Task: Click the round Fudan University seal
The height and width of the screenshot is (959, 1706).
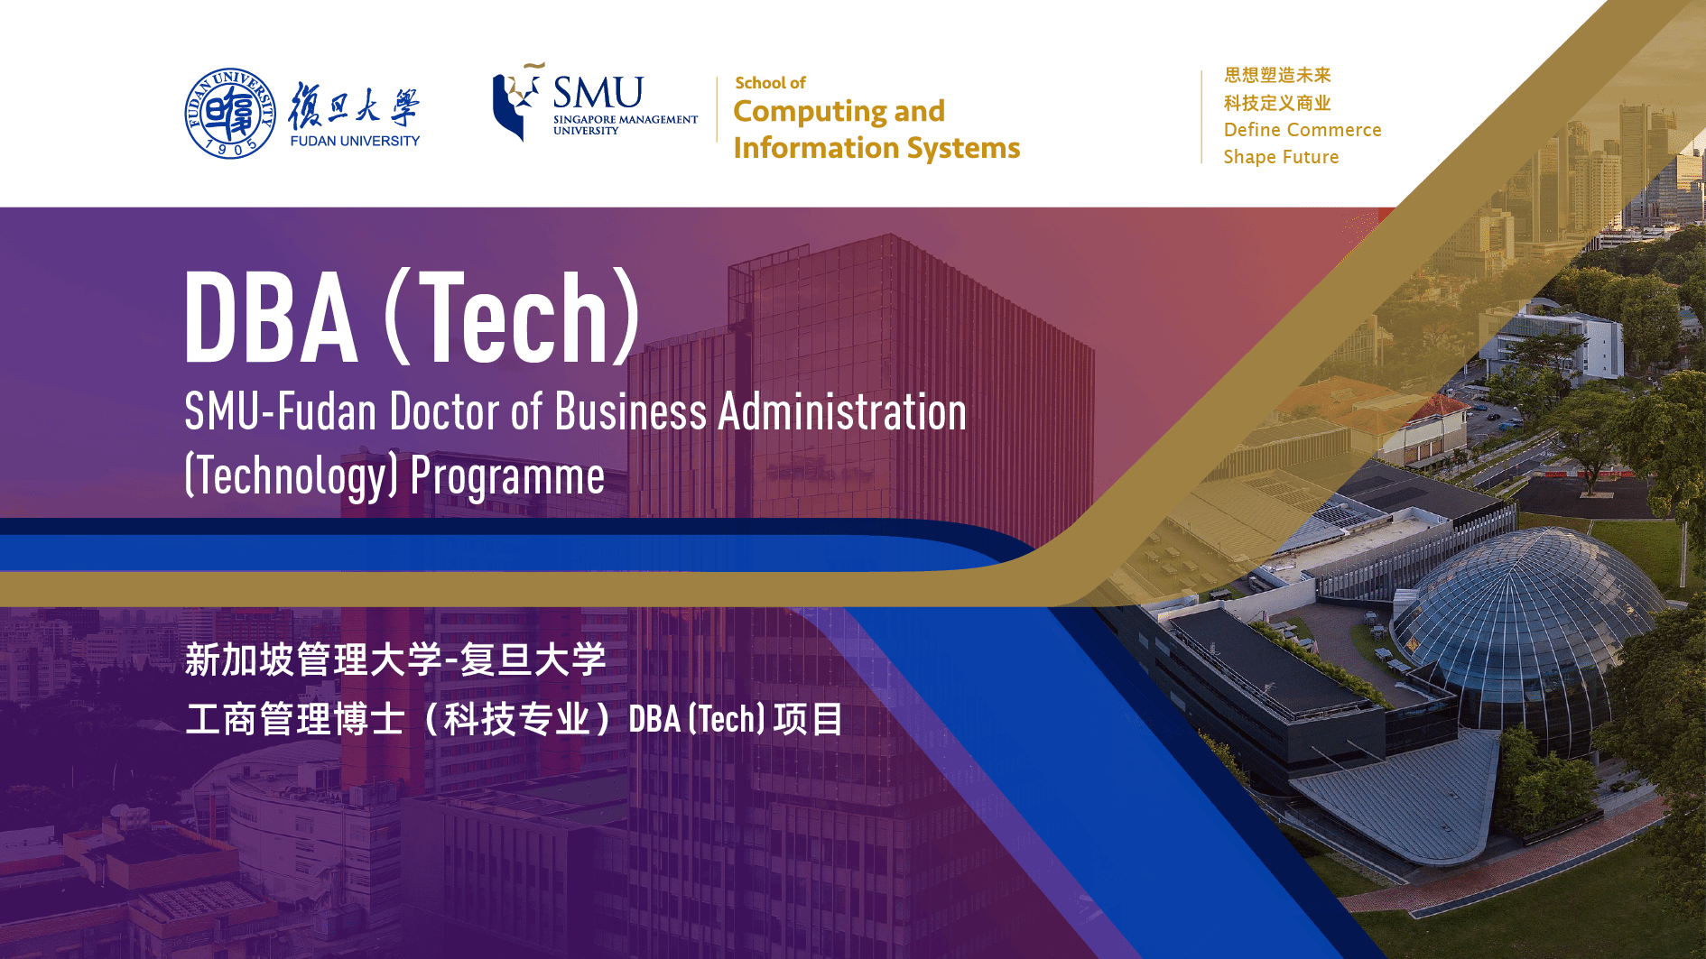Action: (230, 113)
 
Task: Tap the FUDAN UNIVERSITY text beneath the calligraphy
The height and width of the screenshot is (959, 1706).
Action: (355, 141)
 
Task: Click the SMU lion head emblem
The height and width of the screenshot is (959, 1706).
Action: (517, 101)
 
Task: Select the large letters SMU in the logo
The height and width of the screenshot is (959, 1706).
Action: (598, 92)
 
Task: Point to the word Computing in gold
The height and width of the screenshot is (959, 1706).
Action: (810, 112)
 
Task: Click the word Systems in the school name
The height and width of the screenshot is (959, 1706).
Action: (963, 148)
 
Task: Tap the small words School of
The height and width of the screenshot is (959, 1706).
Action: (770, 83)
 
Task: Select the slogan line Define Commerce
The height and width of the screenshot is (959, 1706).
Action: (1303, 130)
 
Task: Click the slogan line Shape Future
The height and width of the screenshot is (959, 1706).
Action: (1281, 157)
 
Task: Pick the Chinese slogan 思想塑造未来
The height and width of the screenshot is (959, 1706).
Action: (1277, 75)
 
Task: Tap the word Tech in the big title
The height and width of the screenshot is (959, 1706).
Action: (513, 318)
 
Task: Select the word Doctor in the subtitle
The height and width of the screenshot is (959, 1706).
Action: (444, 412)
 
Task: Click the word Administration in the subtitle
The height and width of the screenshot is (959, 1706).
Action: (842, 412)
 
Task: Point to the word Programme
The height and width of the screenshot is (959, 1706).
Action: (507, 477)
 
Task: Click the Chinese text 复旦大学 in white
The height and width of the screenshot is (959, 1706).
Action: (533, 660)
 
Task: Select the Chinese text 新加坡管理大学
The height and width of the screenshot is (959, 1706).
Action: (313, 660)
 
